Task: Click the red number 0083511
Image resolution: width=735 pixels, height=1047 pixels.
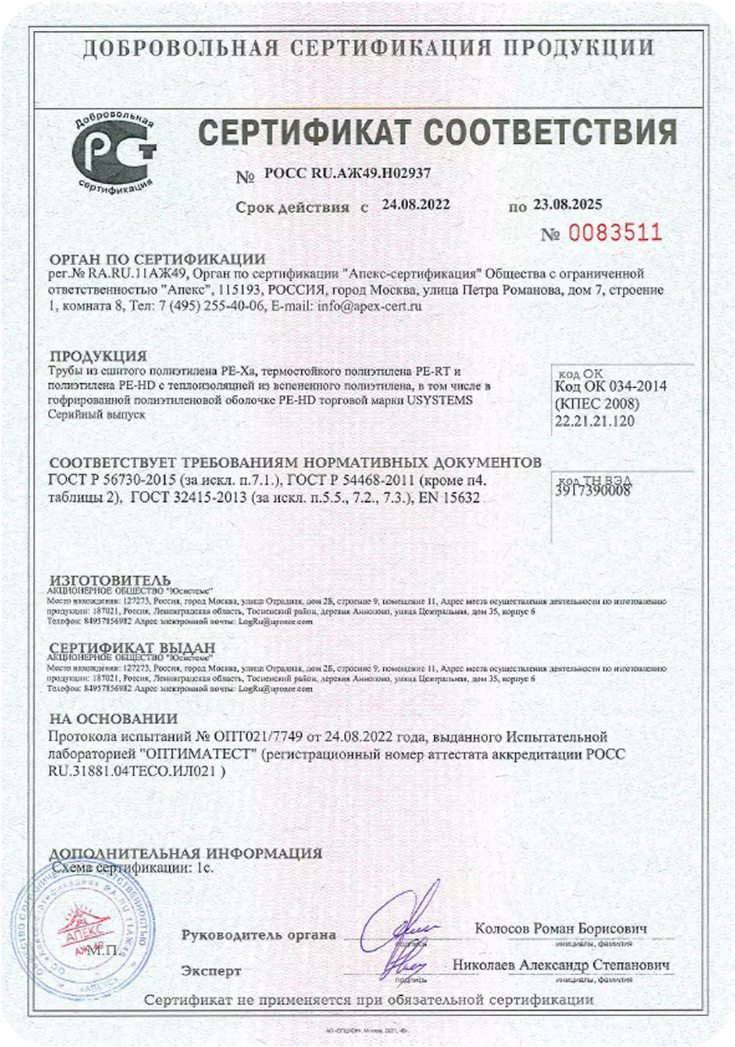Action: tap(614, 232)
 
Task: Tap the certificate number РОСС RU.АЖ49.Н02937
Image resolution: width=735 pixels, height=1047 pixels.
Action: tap(347, 173)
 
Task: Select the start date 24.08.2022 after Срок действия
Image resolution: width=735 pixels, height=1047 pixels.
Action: tap(416, 204)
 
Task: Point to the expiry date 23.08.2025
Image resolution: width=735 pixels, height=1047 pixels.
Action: tap(567, 205)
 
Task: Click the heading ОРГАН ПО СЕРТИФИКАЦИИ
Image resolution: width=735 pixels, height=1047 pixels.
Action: tap(157, 259)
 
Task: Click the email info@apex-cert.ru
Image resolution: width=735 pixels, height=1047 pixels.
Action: tap(369, 306)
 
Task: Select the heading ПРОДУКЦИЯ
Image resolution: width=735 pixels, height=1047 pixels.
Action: tap(98, 356)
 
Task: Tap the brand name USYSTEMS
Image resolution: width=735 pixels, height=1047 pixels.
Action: tap(440, 400)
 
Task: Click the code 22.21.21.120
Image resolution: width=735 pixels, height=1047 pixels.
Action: tap(595, 421)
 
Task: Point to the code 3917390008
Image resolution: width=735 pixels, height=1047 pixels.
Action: tap(593, 490)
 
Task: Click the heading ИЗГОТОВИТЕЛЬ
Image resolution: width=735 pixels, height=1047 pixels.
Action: tap(110, 581)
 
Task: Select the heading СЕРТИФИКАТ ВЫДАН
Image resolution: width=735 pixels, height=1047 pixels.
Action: tap(132, 647)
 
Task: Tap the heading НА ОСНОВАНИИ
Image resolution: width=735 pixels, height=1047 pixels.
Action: tap(114, 719)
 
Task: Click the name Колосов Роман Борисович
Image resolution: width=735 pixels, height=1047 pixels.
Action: tap(561, 928)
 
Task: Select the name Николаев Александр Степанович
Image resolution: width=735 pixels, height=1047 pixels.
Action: tap(561, 965)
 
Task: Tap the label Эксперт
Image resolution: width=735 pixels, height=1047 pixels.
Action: tap(211, 971)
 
